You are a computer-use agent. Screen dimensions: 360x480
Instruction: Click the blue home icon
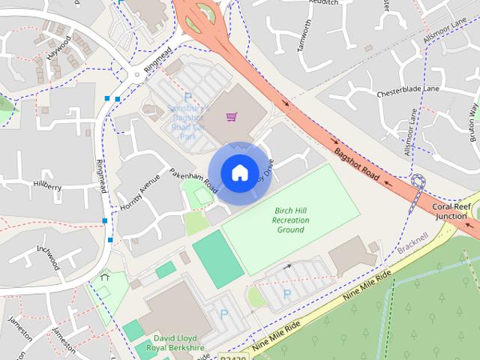[x=239, y=173]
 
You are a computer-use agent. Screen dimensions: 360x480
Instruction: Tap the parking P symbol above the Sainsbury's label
[x=187, y=97]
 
